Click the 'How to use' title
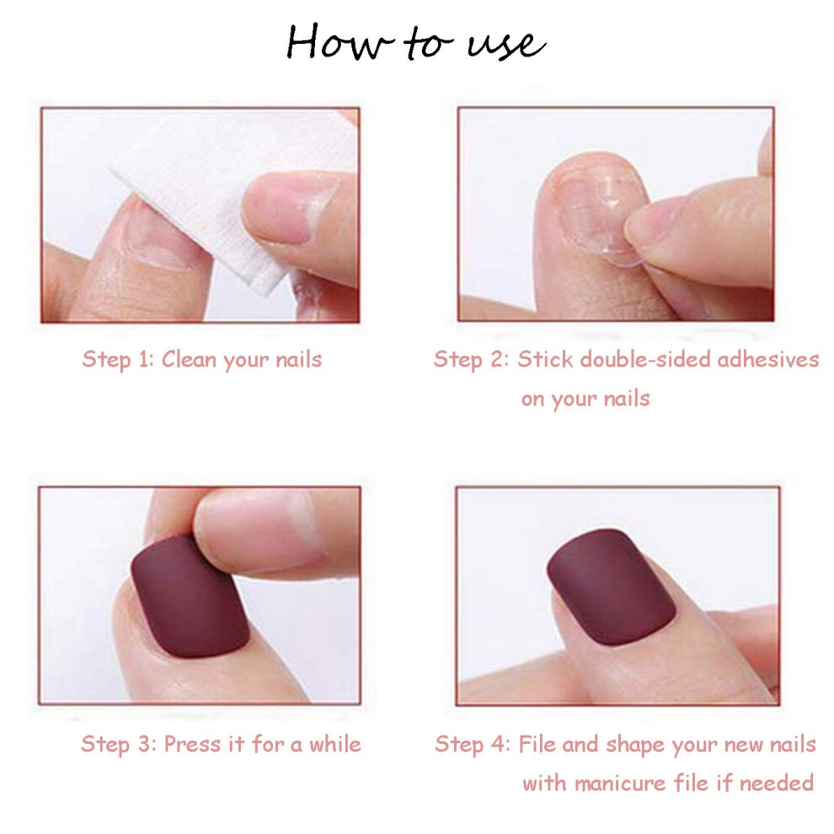[415, 42]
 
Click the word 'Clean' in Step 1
[189, 359]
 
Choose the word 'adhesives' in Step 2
[768, 359]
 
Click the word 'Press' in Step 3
[192, 744]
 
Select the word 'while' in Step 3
[335, 744]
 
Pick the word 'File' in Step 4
[537, 744]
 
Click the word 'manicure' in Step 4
[620, 783]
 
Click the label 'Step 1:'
[118, 360]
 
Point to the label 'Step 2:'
[472, 360]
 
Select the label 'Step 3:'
[119, 744]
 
